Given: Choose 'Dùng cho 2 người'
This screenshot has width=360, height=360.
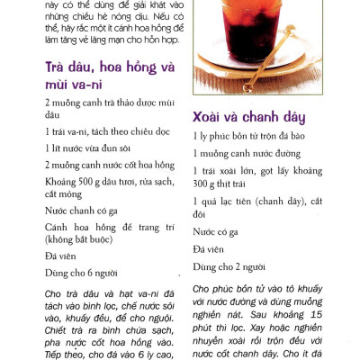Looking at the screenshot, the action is (229, 266).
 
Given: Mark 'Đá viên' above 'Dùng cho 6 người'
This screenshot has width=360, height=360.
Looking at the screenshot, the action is (60, 256).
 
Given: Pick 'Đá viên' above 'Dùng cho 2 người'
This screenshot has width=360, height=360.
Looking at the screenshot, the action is (209, 249).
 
